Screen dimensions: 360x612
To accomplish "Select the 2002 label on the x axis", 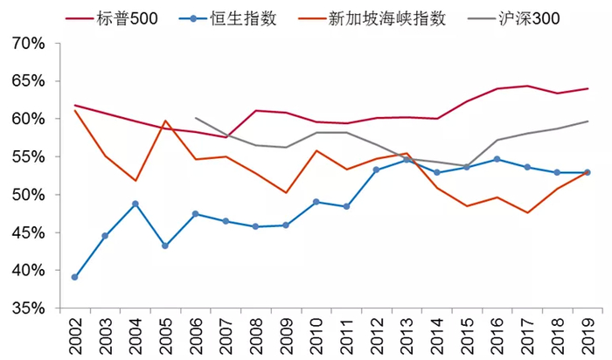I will [75, 336].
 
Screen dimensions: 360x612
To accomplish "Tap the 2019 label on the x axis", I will [588, 336].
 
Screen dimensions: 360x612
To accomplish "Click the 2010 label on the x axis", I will [316, 336].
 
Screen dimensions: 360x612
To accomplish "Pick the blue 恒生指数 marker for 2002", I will [74, 277].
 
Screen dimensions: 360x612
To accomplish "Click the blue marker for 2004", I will [135, 204].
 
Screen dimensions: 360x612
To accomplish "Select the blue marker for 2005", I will [165, 246].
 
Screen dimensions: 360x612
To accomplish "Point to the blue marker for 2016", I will [497, 159].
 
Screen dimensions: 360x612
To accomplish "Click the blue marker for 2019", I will [587, 172].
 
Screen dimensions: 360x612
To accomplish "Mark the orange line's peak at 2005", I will [165, 121].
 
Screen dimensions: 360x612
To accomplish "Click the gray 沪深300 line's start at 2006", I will [195, 118].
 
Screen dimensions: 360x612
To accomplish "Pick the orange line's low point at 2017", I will [526, 212].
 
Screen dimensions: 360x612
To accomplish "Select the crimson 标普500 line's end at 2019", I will [587, 88].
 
